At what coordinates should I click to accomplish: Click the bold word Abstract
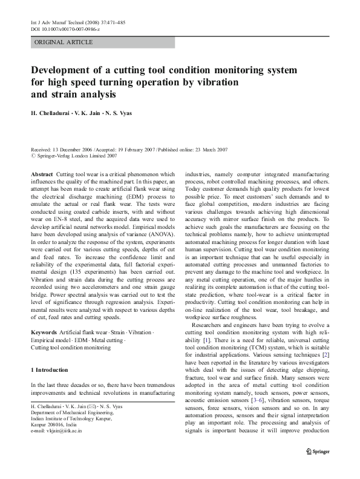[x=42, y=174]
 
